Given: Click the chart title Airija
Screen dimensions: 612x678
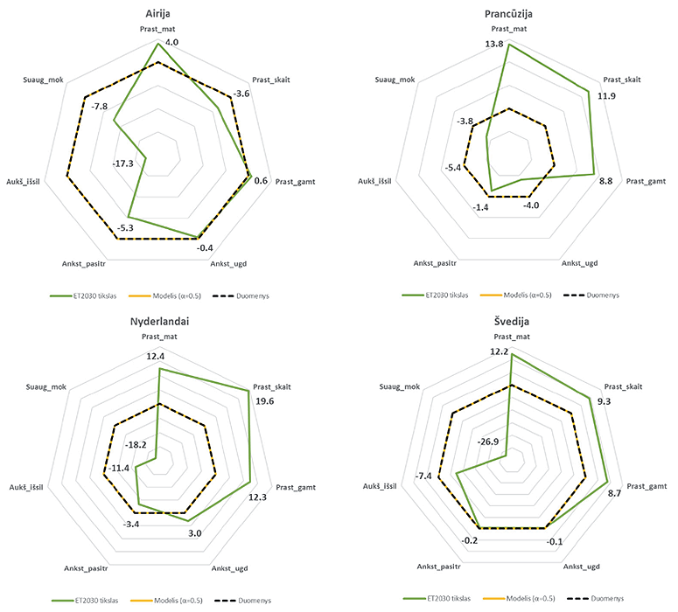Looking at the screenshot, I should tap(159, 12).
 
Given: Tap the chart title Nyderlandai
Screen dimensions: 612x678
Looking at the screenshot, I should tap(159, 321).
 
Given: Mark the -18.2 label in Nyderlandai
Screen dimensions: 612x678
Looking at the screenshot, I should tap(137, 445).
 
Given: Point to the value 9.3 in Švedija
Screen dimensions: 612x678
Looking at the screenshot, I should tap(616, 401).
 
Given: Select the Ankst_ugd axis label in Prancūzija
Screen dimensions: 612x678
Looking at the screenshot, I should tap(578, 262).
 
